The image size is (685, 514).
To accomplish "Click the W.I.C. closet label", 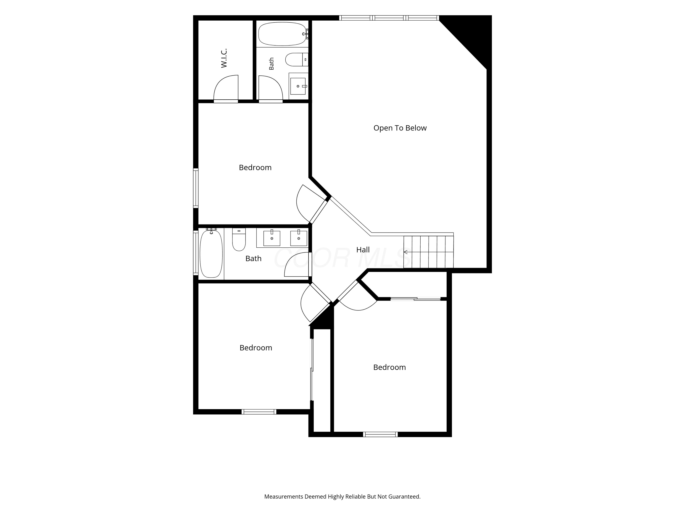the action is pos(224,58).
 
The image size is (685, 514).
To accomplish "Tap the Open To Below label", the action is pos(400,128).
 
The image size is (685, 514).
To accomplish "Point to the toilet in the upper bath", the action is pos(297,59).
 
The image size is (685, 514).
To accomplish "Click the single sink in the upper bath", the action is pos(298,86).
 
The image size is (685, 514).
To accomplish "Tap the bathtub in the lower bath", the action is pos(211,253).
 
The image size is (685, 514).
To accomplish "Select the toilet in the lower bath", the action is pos(239,239).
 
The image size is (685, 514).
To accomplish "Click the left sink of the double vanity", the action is pos(271,238).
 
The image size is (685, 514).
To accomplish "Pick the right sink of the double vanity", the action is pos(298,238).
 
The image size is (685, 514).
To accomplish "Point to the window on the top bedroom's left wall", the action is pos(196,188).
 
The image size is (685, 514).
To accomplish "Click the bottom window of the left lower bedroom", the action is pos(259,412).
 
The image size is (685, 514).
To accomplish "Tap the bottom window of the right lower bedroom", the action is pos(380,434).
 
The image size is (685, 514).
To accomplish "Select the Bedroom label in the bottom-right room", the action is pos(389,367).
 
